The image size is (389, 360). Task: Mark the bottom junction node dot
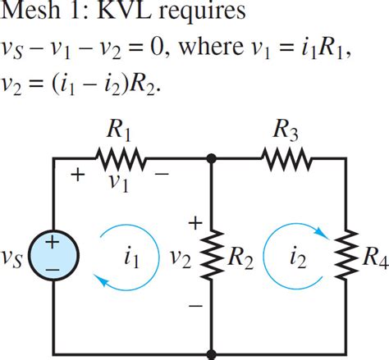click(212, 354)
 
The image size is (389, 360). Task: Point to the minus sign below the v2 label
click(195, 305)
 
